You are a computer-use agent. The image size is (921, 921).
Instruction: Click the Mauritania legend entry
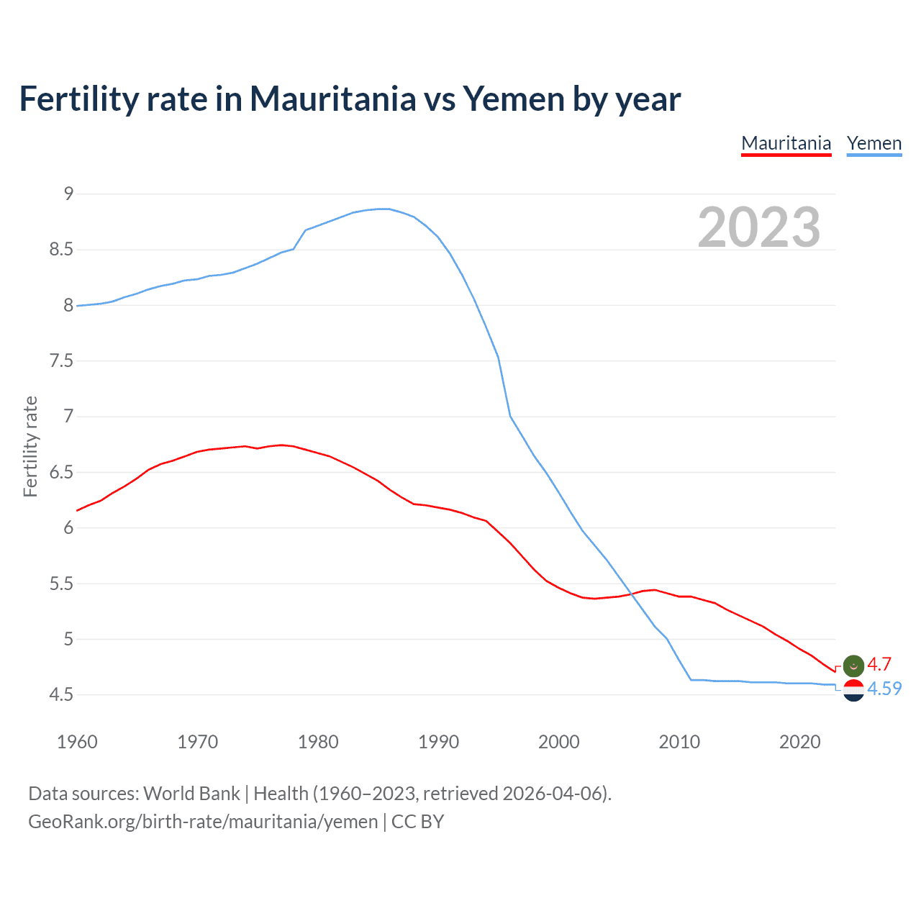[786, 143]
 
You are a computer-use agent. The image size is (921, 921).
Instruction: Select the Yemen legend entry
[874, 143]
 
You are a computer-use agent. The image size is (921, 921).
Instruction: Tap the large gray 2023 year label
[758, 227]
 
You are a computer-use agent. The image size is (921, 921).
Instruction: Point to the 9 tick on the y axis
[68, 194]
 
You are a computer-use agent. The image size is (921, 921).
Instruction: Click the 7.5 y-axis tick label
[61, 360]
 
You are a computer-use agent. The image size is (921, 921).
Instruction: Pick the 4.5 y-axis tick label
[61, 694]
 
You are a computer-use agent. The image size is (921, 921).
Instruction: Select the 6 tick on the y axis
[68, 527]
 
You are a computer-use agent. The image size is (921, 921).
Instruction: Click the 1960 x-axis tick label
[77, 742]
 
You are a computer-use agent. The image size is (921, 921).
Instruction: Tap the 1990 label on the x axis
[438, 742]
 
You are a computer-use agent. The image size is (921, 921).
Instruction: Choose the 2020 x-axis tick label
[799, 742]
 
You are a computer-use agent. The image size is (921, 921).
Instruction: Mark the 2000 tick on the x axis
[558, 742]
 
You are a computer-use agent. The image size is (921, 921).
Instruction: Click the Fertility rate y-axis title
[30, 446]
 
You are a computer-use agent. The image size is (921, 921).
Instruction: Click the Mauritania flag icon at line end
[853, 666]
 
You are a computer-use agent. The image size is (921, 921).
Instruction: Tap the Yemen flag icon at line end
[853, 690]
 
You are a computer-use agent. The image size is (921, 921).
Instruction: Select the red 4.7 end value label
[879, 664]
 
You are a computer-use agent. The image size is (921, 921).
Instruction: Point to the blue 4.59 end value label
[884, 689]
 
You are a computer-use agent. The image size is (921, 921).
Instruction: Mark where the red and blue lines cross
[631, 594]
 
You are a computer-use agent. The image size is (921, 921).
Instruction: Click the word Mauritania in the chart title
[332, 99]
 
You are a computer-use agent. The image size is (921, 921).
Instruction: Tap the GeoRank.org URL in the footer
[203, 822]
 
